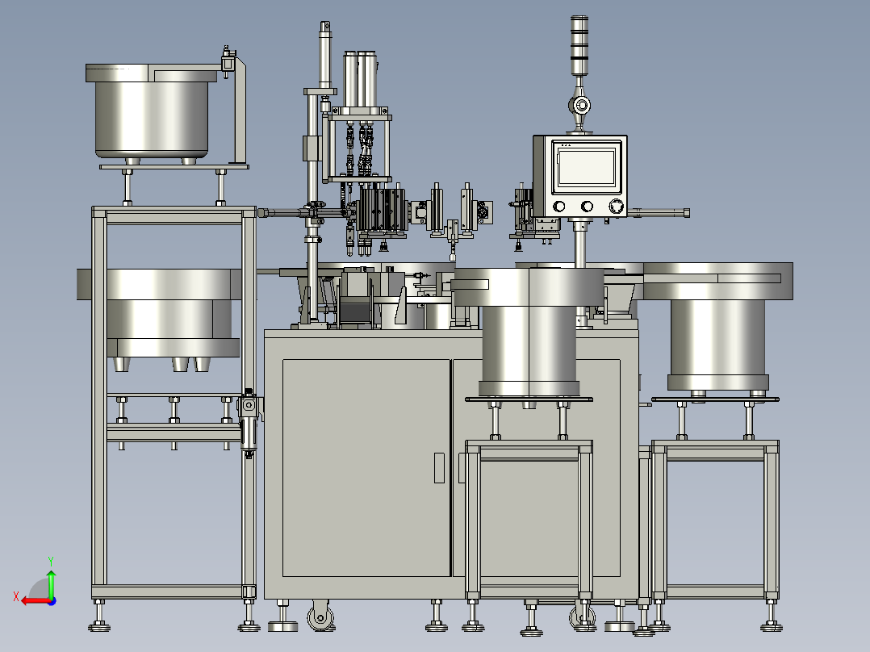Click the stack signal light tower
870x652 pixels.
click(x=579, y=45)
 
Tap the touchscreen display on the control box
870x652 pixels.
click(x=587, y=166)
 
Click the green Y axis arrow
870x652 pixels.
click(x=51, y=583)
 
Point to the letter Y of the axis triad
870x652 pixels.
click(x=51, y=561)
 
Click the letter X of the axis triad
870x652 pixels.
click(x=16, y=596)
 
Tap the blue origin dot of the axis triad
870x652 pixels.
click(x=52, y=601)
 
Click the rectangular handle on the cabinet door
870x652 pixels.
click(x=439, y=468)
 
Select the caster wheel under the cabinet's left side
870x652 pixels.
click(x=321, y=616)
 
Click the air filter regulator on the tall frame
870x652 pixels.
click(x=249, y=423)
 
